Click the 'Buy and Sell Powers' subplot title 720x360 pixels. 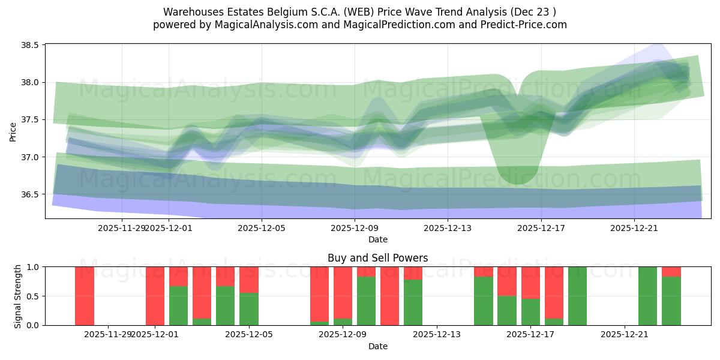(x=377, y=258)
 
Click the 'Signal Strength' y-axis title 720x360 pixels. (x=17, y=296)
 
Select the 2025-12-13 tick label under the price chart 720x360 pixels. (x=448, y=228)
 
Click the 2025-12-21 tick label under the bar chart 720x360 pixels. (x=625, y=334)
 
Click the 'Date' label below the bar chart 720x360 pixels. (x=377, y=346)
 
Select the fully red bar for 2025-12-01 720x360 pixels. (x=155, y=296)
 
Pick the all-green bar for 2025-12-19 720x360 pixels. (x=577, y=296)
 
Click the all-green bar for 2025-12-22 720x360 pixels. (x=648, y=296)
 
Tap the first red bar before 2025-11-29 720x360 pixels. (x=85, y=296)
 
